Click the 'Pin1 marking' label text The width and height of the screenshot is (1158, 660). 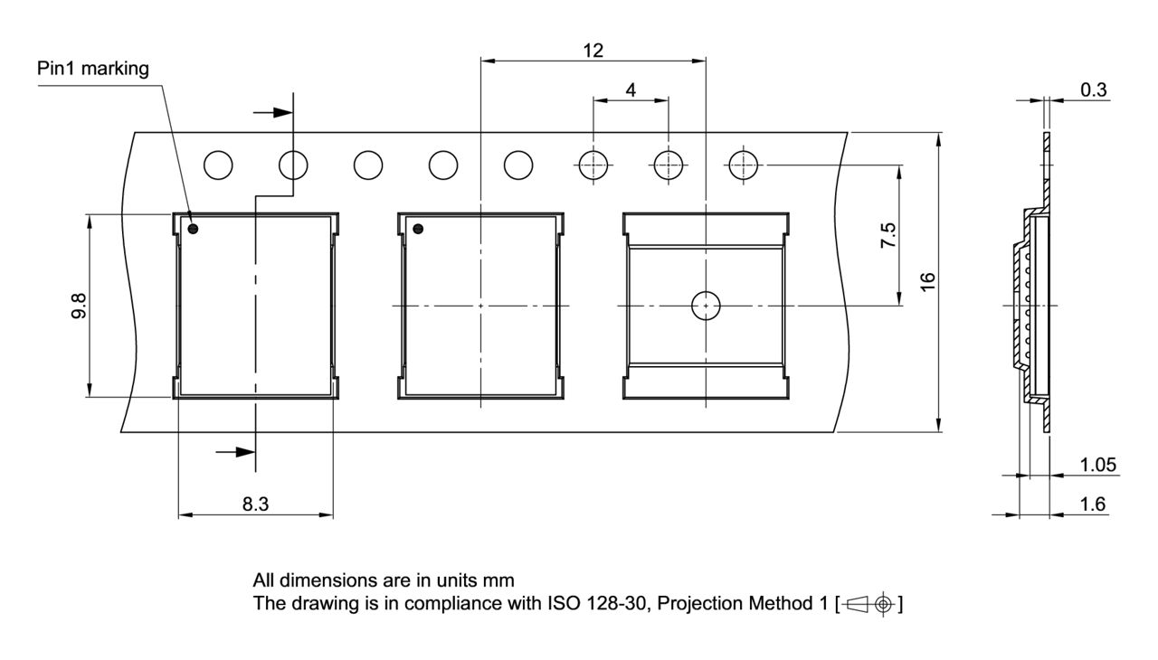click(x=93, y=69)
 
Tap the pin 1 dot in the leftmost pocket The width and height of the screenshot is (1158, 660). click(x=193, y=229)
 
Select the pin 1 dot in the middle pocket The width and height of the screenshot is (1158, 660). click(x=418, y=229)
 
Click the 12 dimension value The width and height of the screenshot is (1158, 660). click(x=593, y=51)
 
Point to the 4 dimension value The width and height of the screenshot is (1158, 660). click(x=631, y=90)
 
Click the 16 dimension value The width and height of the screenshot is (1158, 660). click(x=927, y=281)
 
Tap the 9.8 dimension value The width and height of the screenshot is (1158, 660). click(x=80, y=306)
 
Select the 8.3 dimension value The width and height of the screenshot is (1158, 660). click(x=255, y=504)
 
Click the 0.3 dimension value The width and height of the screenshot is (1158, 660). click(x=1093, y=90)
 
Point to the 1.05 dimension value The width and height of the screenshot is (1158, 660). click(x=1098, y=465)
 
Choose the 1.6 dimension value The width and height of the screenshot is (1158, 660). click(x=1093, y=504)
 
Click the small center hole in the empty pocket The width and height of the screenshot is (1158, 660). click(x=706, y=306)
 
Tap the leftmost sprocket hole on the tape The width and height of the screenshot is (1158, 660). click(x=218, y=165)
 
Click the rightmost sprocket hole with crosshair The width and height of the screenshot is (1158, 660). click(x=743, y=165)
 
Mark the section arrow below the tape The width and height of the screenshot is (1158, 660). click(x=235, y=450)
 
